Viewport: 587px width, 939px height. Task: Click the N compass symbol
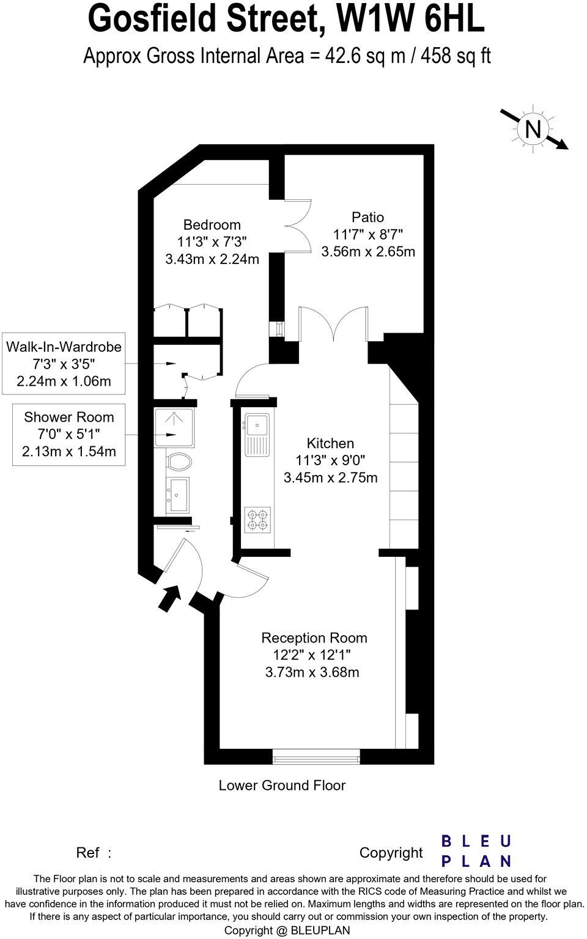click(x=533, y=129)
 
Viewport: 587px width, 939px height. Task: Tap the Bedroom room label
click(x=212, y=225)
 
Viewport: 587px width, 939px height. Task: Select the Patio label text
click(x=367, y=217)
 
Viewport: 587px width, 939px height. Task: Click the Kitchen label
click(x=330, y=443)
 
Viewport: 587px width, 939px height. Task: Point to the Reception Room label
click(x=314, y=638)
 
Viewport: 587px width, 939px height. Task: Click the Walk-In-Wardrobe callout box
click(x=64, y=364)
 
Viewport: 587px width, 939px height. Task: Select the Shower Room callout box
click(x=68, y=434)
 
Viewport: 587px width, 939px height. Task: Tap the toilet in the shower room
click(x=179, y=462)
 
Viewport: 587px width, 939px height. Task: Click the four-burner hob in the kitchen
click(x=257, y=520)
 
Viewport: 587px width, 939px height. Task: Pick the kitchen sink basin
click(x=257, y=425)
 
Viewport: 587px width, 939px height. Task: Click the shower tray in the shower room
click(x=174, y=427)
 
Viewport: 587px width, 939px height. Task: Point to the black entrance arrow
click(x=170, y=598)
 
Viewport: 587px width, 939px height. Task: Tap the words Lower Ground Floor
click(x=282, y=785)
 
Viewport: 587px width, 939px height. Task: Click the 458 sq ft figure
click(x=456, y=56)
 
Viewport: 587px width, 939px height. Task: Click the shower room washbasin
click(x=178, y=495)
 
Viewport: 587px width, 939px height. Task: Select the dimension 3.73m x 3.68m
click(x=312, y=672)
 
